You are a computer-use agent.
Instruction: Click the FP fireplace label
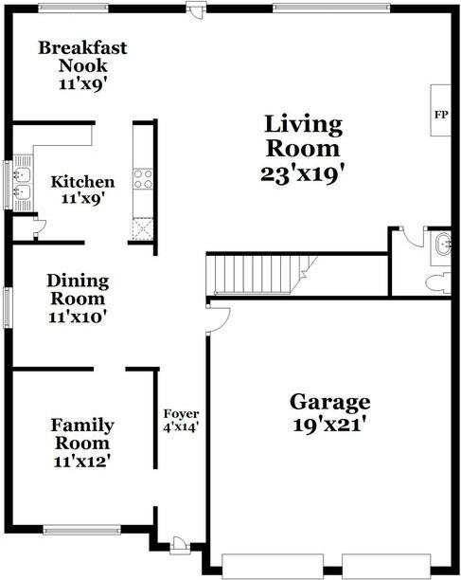pos(440,115)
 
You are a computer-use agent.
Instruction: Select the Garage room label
pos(329,402)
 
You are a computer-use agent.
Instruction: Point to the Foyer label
pos(181,414)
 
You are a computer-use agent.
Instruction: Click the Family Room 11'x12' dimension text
pos(82,462)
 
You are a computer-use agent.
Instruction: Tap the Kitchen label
pos(82,182)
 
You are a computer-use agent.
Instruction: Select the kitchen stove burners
pos(144,179)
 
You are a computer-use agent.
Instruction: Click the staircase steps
pos(256,276)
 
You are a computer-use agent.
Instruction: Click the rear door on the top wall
pos(196,9)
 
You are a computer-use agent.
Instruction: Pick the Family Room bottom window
pos(81,530)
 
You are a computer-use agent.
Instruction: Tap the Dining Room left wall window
pos(9,307)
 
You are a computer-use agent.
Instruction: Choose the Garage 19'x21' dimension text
pos(329,426)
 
